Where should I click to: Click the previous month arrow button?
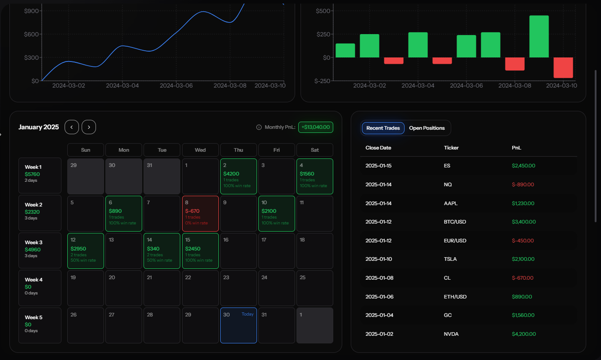tap(72, 127)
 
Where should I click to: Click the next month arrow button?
tap(89, 127)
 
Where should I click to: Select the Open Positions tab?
tap(427, 128)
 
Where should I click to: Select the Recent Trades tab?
tap(383, 128)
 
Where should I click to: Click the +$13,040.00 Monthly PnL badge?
tap(316, 127)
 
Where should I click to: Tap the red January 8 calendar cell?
tap(200, 213)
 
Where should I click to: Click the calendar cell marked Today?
tap(239, 325)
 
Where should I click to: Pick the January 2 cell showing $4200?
tap(239, 176)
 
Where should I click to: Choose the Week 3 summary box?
tap(40, 250)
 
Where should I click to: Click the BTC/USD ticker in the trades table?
tap(454, 222)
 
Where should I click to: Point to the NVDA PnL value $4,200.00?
tap(523, 334)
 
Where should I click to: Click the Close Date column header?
tap(378, 148)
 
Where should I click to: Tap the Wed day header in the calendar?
tap(200, 150)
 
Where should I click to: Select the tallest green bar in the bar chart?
tap(539, 36)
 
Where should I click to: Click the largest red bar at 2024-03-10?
tap(563, 67)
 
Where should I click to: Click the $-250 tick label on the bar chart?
tap(322, 81)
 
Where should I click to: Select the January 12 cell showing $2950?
tap(86, 250)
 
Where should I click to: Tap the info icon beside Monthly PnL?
tap(259, 127)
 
